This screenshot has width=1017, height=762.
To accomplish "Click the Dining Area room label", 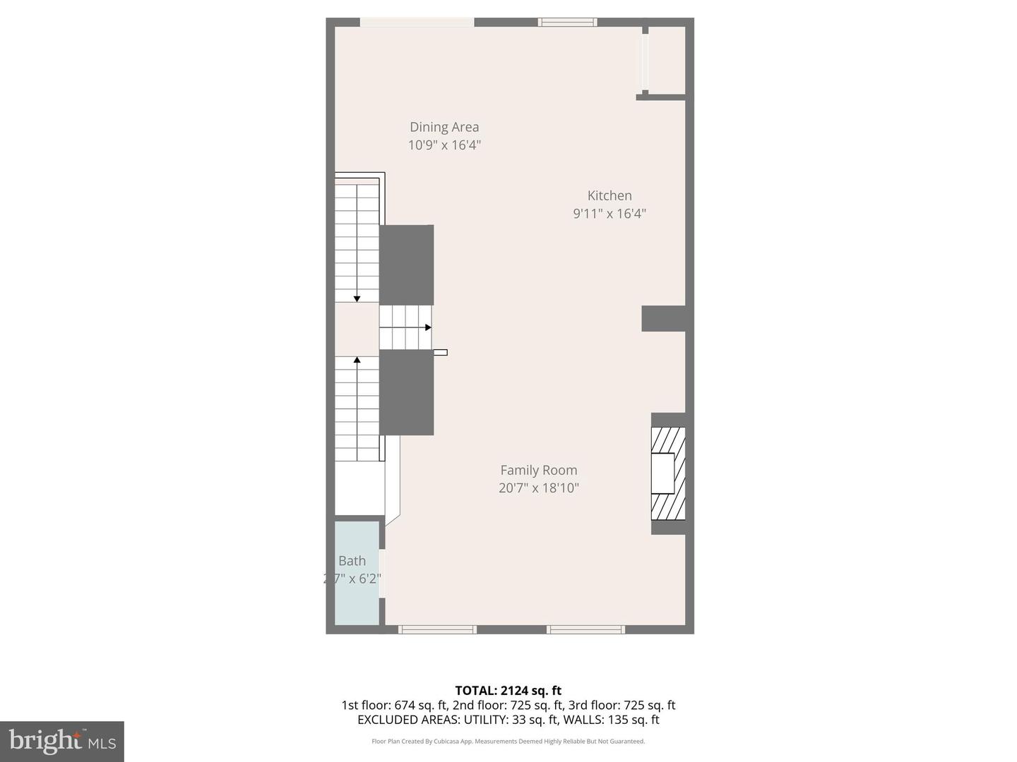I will [444, 127].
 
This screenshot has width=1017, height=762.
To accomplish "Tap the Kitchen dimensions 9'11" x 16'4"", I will [609, 213].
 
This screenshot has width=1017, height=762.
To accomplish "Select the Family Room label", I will [539, 470].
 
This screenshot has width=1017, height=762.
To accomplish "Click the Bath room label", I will [352, 561].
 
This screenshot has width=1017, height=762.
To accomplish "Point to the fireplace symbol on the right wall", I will [667, 473].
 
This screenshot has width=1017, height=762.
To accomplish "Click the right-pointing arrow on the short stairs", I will [428, 327].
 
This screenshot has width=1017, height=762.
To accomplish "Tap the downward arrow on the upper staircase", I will [357, 298].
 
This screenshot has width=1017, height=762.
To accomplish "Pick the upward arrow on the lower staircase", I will [357, 361].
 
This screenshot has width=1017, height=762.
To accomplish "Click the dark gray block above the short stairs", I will [406, 265].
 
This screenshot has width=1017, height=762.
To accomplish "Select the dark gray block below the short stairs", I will [406, 392].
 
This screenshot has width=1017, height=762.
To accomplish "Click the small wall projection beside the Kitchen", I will [663, 318].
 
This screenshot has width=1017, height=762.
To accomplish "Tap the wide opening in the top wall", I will [417, 23].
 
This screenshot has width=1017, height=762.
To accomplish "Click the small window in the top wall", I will [567, 23].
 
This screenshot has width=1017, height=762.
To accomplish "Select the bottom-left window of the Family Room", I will [437, 629].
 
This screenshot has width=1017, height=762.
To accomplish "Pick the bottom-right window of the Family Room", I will [585, 629].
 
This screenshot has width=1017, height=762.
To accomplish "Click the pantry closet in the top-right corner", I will [667, 60].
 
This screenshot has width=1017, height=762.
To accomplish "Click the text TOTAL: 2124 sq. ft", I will [508, 690].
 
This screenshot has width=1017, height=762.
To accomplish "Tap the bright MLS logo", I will [62, 741].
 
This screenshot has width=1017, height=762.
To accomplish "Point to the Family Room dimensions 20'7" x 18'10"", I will [539, 488].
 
